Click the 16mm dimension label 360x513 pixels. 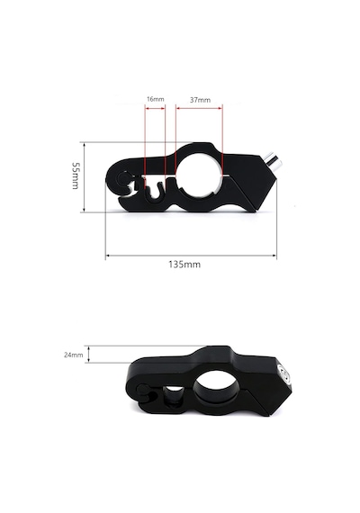tap(155, 99)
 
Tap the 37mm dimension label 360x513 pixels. tap(200, 100)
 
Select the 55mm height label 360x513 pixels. tap(76, 175)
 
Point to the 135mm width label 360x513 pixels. tap(184, 265)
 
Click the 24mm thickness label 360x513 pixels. tap(73, 355)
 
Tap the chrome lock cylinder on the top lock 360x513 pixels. tap(274, 161)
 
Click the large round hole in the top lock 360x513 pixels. tap(199, 176)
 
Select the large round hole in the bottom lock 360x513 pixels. tap(215, 387)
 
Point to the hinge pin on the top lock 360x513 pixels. tap(123, 178)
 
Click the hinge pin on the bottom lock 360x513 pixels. tap(143, 390)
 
